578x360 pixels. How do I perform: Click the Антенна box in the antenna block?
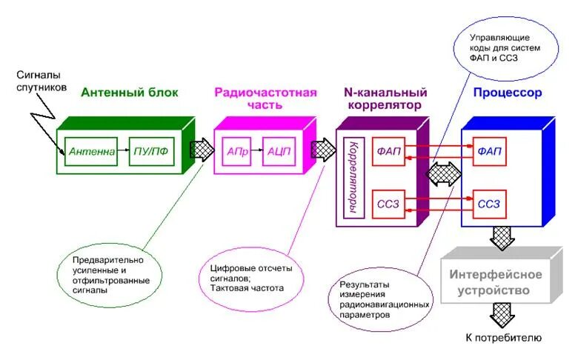point(93,152)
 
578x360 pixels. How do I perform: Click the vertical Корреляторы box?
point(353,177)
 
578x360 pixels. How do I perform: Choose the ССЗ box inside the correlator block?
point(388,204)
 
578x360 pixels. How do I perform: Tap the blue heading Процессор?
point(508,93)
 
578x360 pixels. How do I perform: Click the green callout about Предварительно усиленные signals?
point(111,275)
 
